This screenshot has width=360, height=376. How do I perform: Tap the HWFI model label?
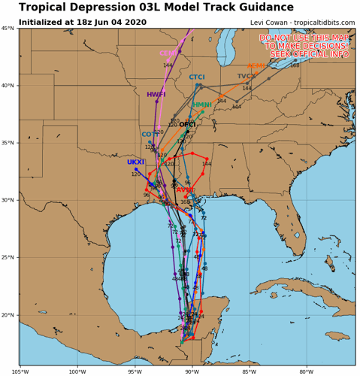click(156, 95)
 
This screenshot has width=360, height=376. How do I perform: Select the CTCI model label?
click(197, 77)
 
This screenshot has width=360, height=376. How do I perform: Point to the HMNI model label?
click(202, 105)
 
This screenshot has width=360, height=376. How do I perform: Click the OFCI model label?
click(187, 124)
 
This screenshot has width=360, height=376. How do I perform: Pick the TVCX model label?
click(247, 77)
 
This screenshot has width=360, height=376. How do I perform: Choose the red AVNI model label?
click(185, 190)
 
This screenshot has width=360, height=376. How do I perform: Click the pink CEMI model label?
click(169, 53)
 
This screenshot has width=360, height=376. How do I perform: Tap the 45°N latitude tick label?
click(8, 29)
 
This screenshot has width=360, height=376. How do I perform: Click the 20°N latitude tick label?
click(8, 315)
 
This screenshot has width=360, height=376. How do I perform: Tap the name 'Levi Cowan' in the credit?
click(269, 23)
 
